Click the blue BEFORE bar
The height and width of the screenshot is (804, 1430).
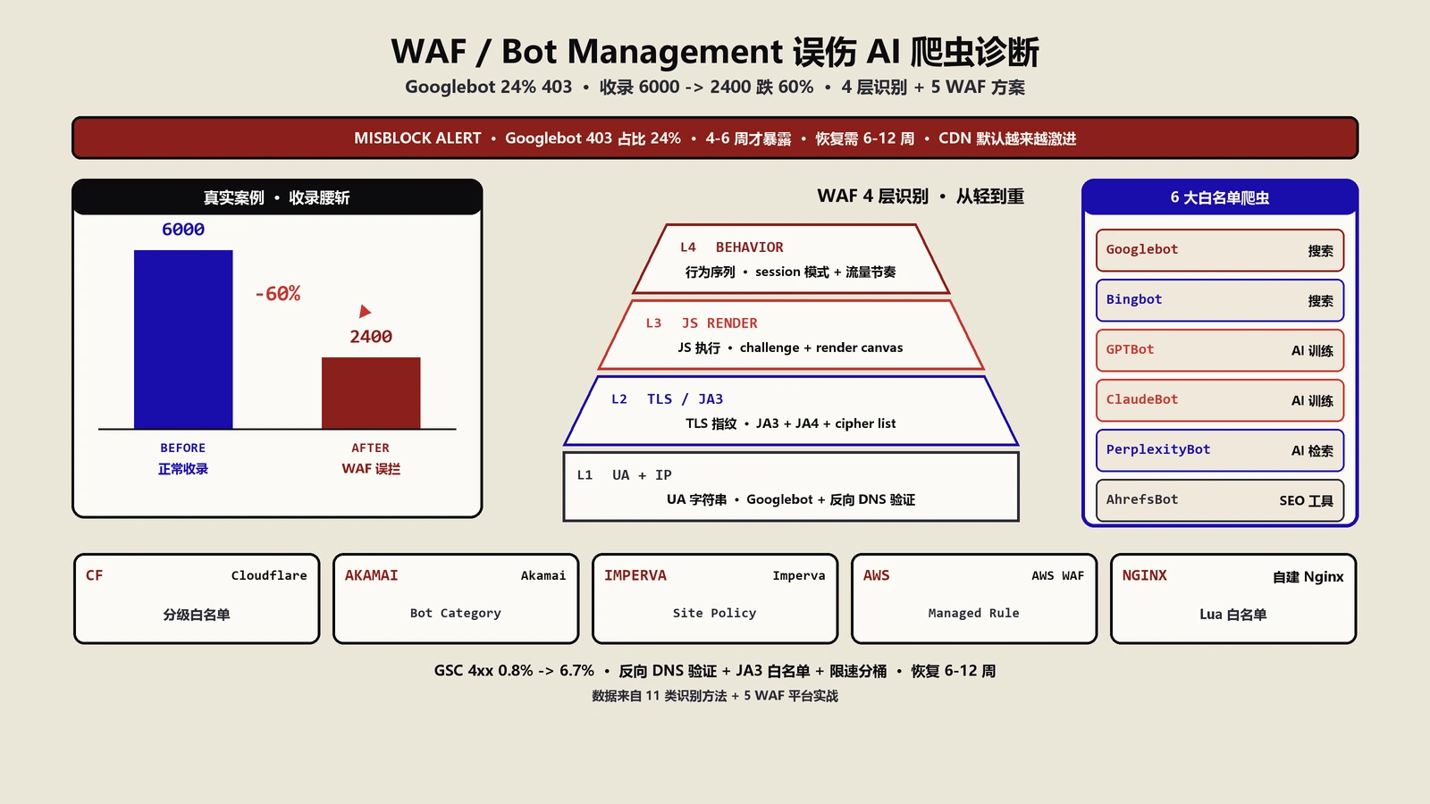(x=183, y=339)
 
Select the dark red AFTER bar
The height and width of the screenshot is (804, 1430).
(x=371, y=393)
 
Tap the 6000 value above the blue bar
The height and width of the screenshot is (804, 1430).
(x=183, y=229)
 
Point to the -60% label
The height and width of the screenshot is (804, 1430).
(x=278, y=294)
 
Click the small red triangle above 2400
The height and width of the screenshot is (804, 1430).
(x=365, y=312)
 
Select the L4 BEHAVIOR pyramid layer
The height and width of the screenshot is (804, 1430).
(x=791, y=259)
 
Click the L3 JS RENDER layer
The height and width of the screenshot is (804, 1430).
(x=791, y=335)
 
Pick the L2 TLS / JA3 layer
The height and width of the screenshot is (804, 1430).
(x=791, y=411)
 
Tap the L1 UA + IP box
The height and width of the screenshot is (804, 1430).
(x=791, y=487)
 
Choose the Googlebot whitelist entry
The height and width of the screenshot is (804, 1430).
(x=1220, y=250)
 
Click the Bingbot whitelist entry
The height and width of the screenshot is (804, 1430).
(x=1220, y=300)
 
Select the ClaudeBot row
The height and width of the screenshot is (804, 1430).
(x=1220, y=400)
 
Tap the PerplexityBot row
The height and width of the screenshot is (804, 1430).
(x=1220, y=450)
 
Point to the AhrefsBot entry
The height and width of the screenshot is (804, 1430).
(x=1220, y=500)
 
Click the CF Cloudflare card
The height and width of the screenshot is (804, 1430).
(x=197, y=599)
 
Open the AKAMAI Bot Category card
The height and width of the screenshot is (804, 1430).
(x=456, y=599)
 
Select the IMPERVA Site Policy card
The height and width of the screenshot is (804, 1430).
(x=715, y=599)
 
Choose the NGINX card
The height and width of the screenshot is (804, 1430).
(x=1233, y=599)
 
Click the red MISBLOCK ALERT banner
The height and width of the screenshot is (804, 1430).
(x=715, y=138)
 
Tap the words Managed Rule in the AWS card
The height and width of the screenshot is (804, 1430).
(x=973, y=613)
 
